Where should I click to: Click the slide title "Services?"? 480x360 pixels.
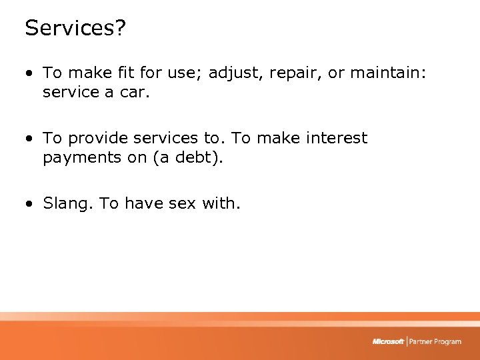click(x=75, y=28)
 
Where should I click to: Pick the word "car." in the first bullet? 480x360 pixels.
click(x=135, y=93)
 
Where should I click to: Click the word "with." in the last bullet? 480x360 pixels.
click(x=221, y=203)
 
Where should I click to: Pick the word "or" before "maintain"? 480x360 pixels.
click(x=336, y=73)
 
